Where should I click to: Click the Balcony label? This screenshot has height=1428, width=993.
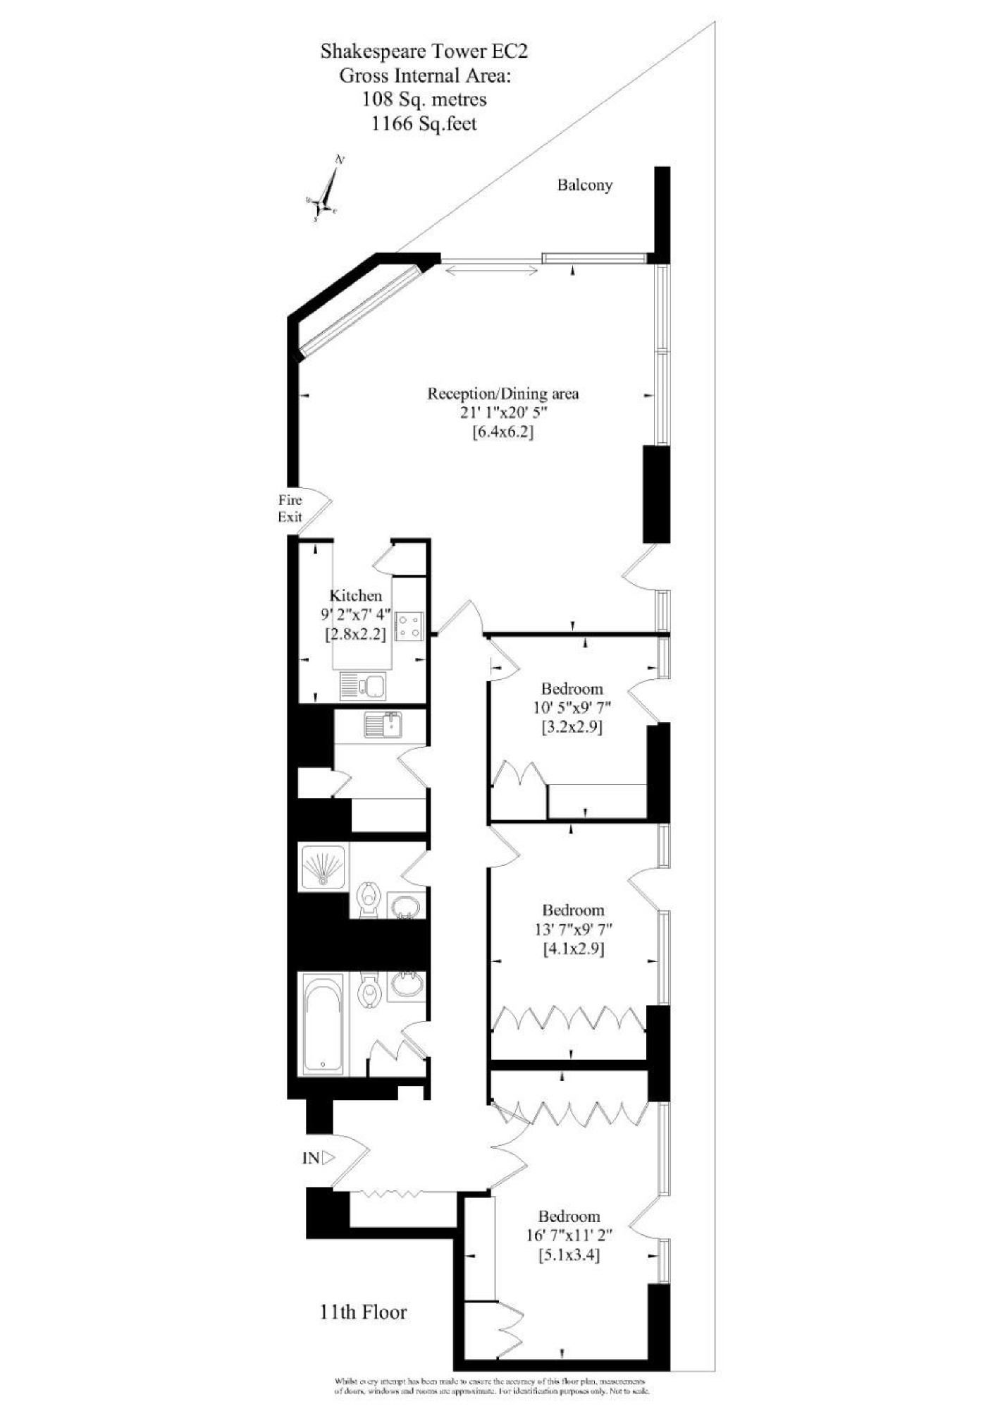pos(584,185)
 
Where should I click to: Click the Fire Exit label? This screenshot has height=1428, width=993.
pos(290,508)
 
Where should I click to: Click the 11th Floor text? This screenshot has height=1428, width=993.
pos(363,1312)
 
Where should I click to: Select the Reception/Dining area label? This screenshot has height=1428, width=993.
pos(502,393)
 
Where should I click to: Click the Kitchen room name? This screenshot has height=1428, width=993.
pos(356,596)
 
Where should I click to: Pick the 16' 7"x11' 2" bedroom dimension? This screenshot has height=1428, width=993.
pos(569,1235)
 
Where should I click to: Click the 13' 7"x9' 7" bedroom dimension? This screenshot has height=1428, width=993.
pos(572,929)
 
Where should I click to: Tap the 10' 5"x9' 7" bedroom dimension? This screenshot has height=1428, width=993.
pos(571,707)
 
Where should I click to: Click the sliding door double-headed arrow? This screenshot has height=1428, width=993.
pos(491,269)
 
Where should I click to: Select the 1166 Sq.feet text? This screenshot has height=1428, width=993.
pos(424,124)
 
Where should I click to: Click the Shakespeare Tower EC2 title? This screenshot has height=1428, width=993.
pos(424,51)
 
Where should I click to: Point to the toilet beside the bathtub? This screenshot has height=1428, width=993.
pos(369,991)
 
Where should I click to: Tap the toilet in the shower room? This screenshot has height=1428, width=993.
pos(367,899)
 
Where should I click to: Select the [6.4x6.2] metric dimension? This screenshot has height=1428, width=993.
pos(502,432)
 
